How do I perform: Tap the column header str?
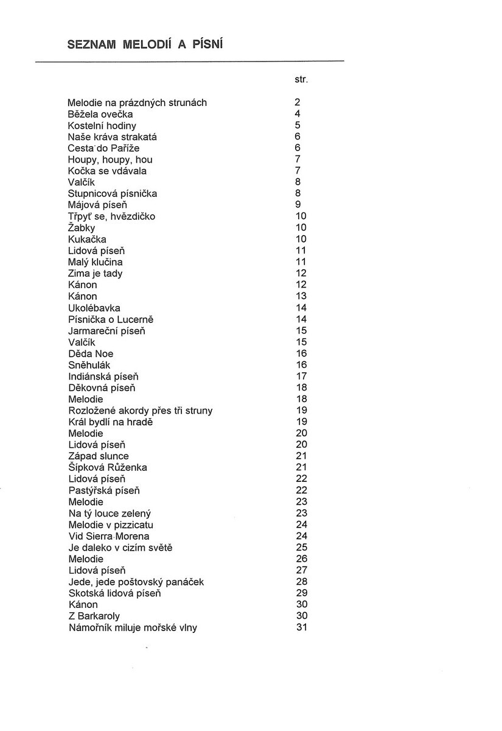point(301,80)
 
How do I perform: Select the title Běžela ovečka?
point(100,114)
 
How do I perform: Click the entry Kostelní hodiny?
point(102,125)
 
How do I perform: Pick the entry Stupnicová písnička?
point(113,194)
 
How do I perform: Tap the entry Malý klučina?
point(96,262)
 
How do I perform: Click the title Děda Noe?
point(91,353)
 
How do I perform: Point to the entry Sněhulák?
point(89,365)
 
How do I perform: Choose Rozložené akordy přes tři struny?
point(141,411)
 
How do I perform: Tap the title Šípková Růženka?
point(108,467)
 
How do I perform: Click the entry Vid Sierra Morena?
point(109,536)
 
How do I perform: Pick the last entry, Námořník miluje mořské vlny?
point(133,627)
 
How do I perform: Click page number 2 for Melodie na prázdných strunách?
point(298,102)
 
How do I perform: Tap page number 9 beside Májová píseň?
point(298,205)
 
